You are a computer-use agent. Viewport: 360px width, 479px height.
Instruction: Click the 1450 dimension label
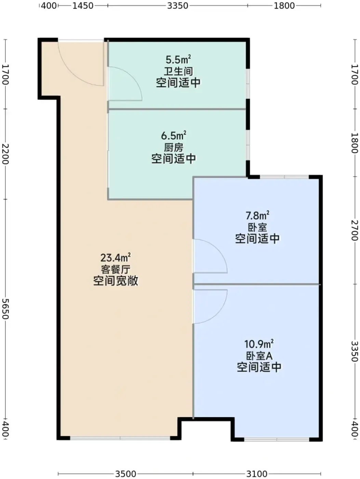click(83, 6)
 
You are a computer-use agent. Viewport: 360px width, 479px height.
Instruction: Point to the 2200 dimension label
click(5, 154)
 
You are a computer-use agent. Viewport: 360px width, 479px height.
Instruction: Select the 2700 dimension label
click(355, 230)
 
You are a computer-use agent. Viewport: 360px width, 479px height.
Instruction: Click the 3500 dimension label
click(125, 474)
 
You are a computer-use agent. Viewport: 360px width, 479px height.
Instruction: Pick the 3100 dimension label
click(257, 474)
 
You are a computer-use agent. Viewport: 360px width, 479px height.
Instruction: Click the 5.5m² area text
click(178, 59)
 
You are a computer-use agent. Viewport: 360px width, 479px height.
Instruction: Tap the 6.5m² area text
click(174, 135)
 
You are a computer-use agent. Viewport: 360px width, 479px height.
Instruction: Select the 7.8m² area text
click(257, 216)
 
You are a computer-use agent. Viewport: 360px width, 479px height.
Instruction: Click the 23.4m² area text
click(116, 258)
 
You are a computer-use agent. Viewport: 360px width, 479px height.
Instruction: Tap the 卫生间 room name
click(178, 71)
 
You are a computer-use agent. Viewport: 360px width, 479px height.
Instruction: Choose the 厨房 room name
click(174, 147)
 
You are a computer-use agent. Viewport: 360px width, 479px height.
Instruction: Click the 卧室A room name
click(259, 356)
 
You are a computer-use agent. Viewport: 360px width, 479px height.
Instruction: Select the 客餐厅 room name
click(116, 270)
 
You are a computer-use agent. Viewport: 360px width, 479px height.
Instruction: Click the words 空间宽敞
click(116, 281)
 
